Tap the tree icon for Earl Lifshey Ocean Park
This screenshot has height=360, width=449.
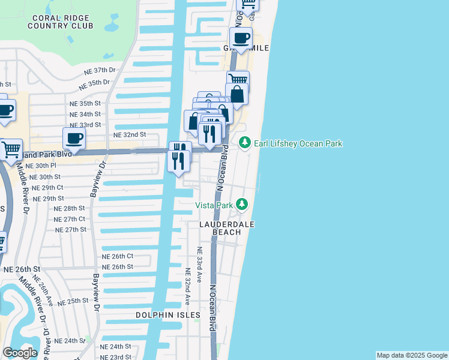pos(244,143)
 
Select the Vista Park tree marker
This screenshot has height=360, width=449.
pos(241,205)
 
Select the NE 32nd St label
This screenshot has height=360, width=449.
pos(130,135)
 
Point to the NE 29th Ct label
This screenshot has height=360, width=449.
pos(47,187)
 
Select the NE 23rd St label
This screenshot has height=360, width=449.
pos(115,356)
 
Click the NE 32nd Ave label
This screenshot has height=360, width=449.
pos(187,287)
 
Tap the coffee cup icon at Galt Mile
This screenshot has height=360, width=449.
pos(241,38)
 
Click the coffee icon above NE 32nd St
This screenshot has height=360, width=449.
pos(74,138)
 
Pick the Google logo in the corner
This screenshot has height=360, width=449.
pos(19,353)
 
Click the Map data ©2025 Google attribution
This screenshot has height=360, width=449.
pos(412,355)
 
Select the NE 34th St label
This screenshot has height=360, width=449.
pos(85,114)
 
